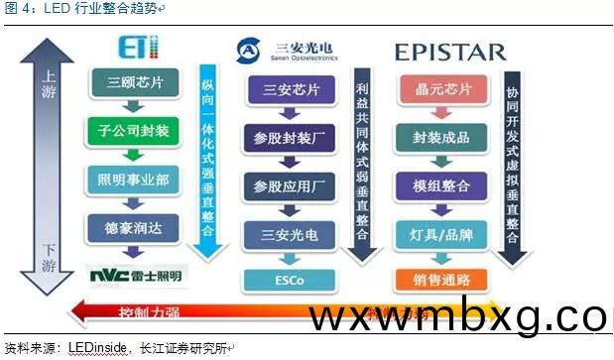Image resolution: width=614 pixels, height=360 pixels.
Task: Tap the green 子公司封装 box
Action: (134, 130)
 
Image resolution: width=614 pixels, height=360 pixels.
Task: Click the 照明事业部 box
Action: (134, 179)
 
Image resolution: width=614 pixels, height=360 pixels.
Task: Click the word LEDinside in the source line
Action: (97, 348)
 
